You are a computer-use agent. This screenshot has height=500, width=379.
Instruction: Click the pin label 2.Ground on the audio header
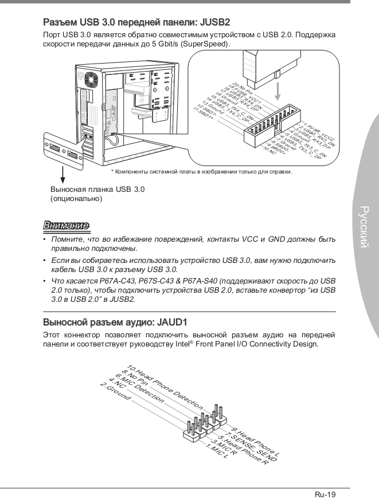115,392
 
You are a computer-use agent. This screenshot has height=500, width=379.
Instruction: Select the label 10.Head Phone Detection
164,387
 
